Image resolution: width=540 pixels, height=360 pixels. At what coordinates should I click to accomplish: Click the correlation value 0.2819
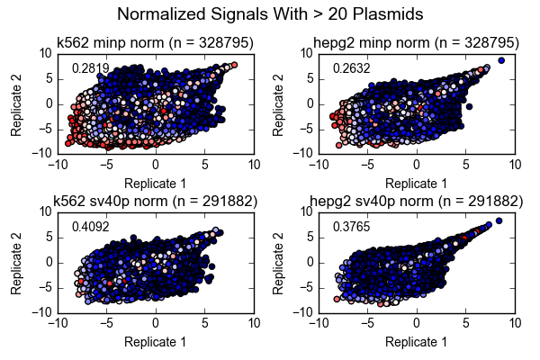[90, 68]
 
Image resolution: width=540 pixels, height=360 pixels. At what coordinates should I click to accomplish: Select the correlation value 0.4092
[90, 228]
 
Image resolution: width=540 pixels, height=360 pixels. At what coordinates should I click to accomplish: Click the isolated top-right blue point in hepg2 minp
[501, 60]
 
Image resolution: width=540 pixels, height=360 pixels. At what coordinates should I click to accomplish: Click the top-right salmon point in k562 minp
[234, 65]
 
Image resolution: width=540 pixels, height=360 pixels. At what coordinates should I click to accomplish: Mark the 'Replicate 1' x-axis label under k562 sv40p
[155, 342]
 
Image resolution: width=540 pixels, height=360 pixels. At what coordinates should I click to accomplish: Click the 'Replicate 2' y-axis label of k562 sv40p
[16, 262]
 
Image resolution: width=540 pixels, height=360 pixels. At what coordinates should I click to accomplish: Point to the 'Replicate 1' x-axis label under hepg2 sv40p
[417, 342]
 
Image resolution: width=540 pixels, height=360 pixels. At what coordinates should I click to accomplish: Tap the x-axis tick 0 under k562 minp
[156, 165]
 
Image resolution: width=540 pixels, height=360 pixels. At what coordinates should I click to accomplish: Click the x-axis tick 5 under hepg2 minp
[466, 165]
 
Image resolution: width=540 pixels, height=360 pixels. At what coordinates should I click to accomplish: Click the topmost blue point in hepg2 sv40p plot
[499, 220]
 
